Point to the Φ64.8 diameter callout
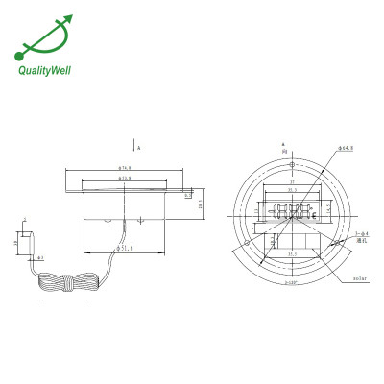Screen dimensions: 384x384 pyautogui.click(x=319, y=149)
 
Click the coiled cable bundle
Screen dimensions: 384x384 pyautogui.click(x=67, y=285)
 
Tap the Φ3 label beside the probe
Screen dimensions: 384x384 pyautogui.click(x=39, y=258)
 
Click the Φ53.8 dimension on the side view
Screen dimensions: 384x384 pyautogui.click(x=124, y=179)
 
